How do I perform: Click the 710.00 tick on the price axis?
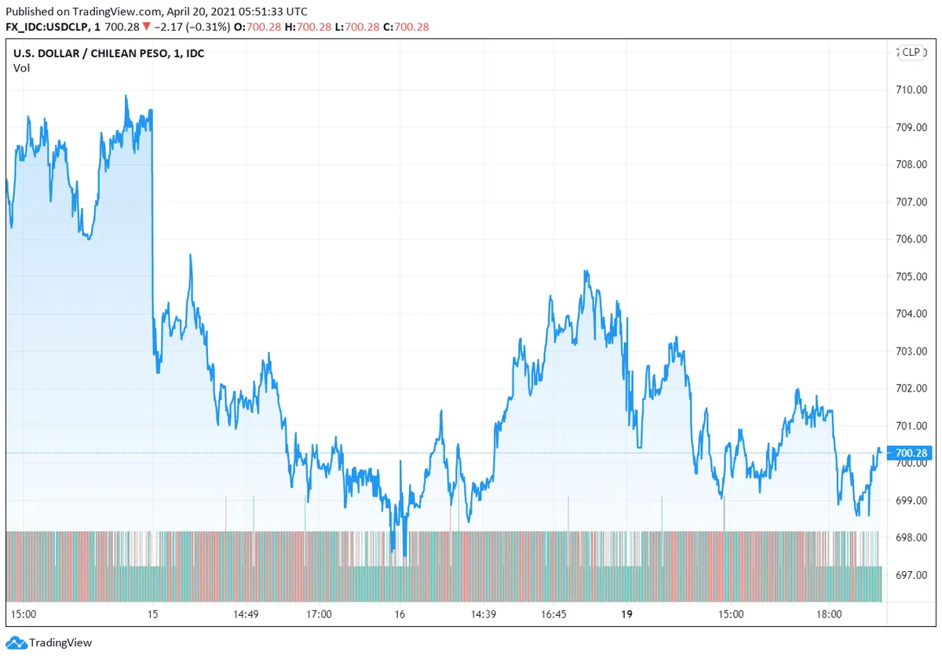(x=912, y=89)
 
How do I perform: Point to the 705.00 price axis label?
(x=912, y=276)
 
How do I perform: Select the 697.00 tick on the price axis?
(x=912, y=575)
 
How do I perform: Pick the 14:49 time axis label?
(x=246, y=614)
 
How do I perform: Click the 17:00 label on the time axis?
(x=319, y=614)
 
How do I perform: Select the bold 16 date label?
(x=400, y=614)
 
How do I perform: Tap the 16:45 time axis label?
(x=554, y=614)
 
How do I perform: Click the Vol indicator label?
(x=21, y=67)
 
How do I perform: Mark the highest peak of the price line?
(x=126, y=96)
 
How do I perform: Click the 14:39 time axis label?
(x=483, y=614)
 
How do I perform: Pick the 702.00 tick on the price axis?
(x=912, y=388)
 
